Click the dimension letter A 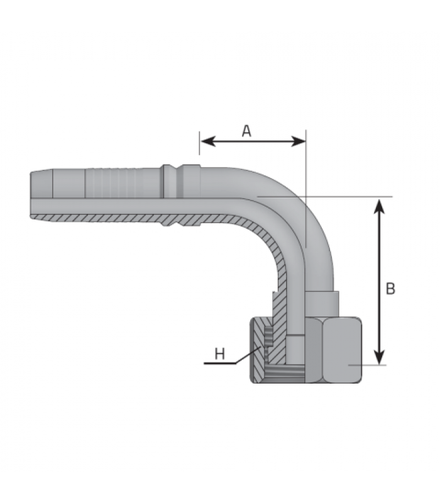[x=246, y=131]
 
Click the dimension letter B [x=390, y=289]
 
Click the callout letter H [x=219, y=354]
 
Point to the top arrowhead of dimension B [x=380, y=206]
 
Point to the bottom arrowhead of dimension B [x=380, y=357]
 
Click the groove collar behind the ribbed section [x=182, y=181]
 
